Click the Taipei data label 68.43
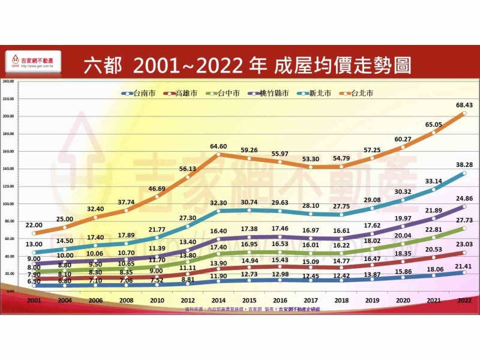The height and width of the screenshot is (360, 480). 463,105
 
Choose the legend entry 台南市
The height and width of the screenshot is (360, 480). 139,94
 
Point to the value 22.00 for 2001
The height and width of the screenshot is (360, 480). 34,224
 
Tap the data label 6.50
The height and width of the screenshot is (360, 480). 34,281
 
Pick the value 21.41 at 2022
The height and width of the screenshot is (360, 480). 463,265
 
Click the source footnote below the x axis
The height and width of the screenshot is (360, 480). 252,309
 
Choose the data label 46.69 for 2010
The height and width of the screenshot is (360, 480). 157,189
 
